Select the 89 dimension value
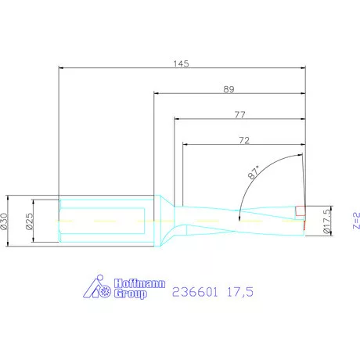tap(229, 89)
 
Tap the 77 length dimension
tap(239, 114)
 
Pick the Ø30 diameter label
tap(6, 221)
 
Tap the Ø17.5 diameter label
tap(327, 221)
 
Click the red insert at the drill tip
tap(300, 212)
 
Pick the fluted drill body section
tap(235, 220)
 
